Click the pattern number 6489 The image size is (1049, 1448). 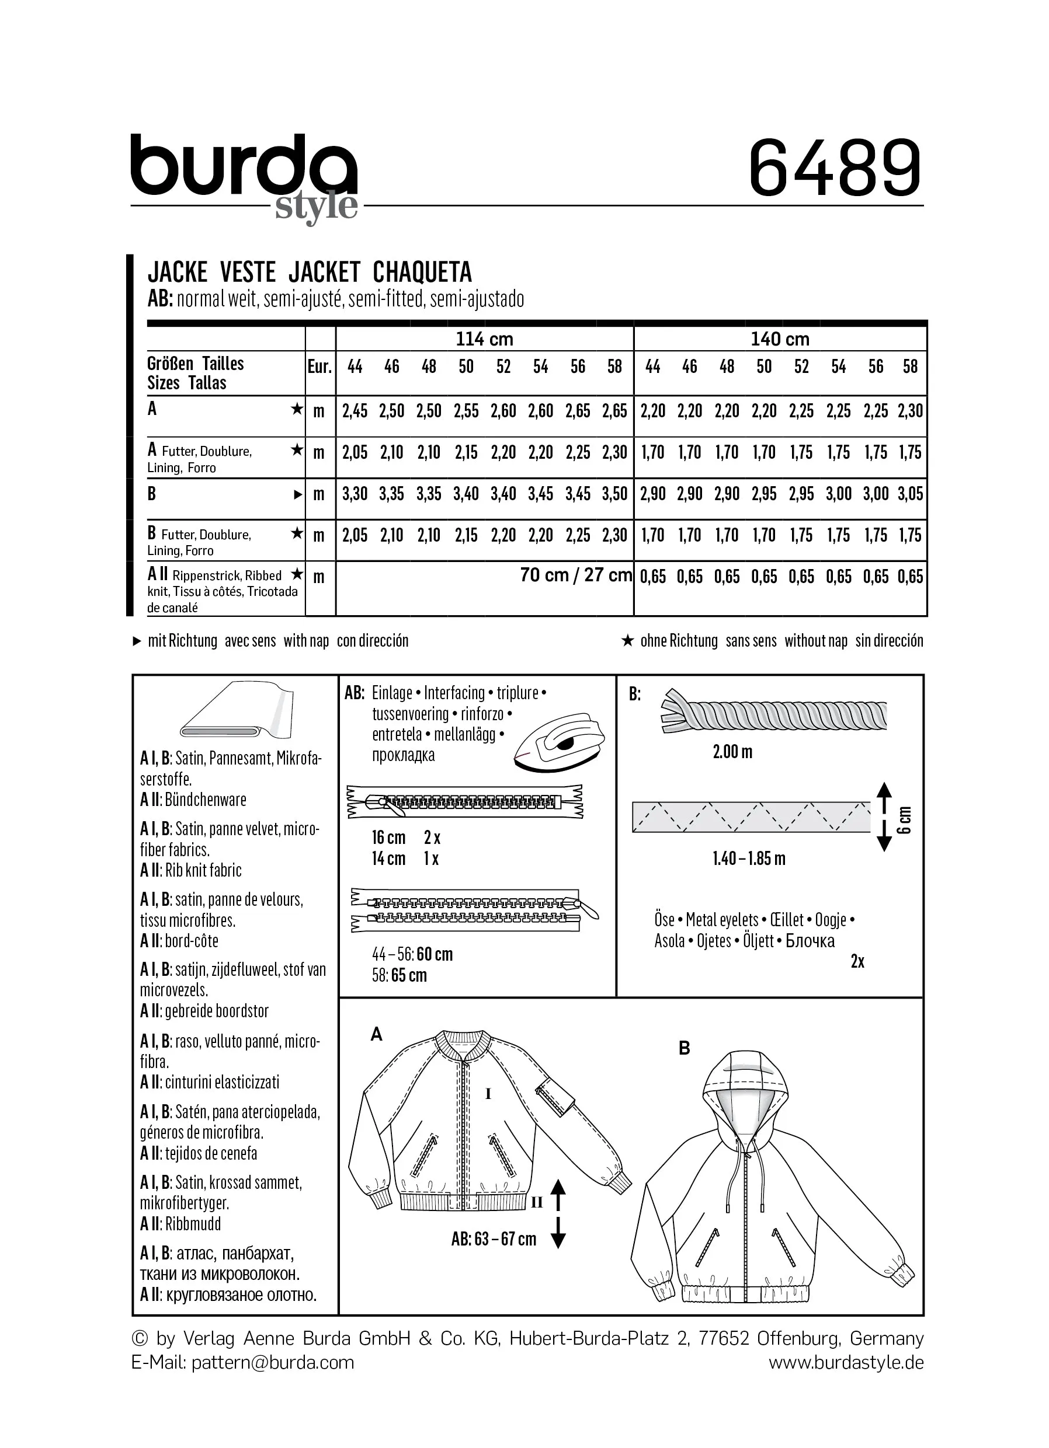coord(835,169)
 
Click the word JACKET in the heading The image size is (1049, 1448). coord(324,273)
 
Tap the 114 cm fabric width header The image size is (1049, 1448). coord(484,339)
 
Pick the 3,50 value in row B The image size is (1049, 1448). coord(614,494)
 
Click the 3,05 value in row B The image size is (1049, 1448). coord(911,494)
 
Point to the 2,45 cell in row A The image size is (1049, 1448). coord(355,411)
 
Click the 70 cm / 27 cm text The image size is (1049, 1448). coord(576,575)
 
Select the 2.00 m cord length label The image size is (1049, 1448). coord(732,752)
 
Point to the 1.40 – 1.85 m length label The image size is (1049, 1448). coord(749,859)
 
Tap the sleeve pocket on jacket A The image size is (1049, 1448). coord(553,1097)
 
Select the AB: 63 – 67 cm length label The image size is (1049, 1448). coord(493,1239)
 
